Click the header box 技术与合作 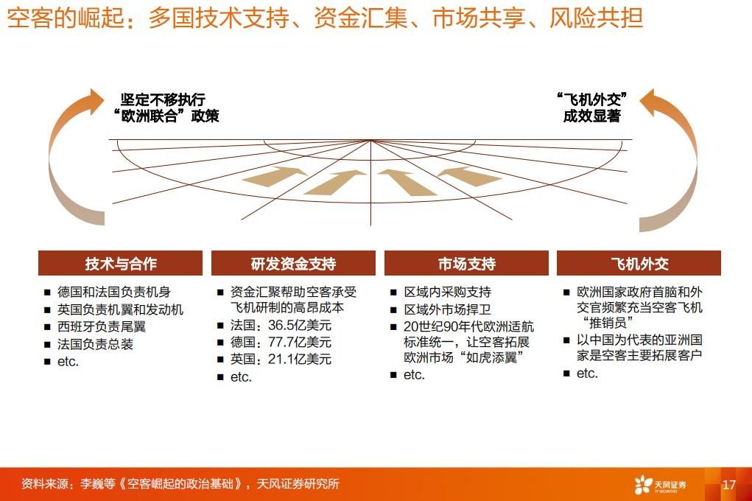click(x=120, y=263)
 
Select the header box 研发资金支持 click(x=294, y=263)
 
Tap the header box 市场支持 click(x=466, y=263)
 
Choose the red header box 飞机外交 click(x=639, y=263)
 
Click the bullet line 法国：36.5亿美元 click(x=281, y=326)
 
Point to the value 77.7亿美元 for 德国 click(x=300, y=342)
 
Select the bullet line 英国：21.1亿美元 click(x=281, y=359)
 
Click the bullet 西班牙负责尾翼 click(x=102, y=327)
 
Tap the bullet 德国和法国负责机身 click(x=114, y=292)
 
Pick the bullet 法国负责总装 click(x=96, y=344)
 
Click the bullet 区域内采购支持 click(x=448, y=292)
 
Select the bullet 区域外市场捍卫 click(x=448, y=309)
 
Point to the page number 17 click(x=729, y=485)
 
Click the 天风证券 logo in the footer click(x=660, y=485)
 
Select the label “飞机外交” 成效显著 click(x=592, y=108)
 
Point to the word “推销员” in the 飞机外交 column click(x=608, y=323)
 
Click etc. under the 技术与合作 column click(x=68, y=362)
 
